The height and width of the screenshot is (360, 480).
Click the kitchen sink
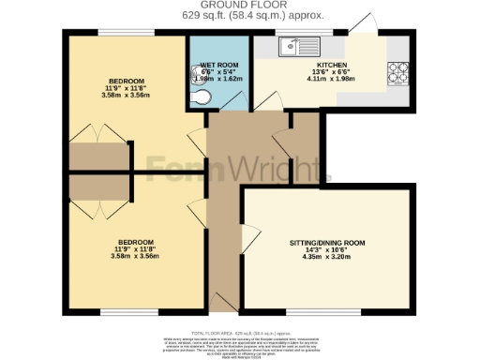click(297, 45)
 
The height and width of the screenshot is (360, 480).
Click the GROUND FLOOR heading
click(240, 6)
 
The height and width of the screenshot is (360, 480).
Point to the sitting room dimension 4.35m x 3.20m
click(326, 260)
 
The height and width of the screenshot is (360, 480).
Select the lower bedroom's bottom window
click(121, 311)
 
